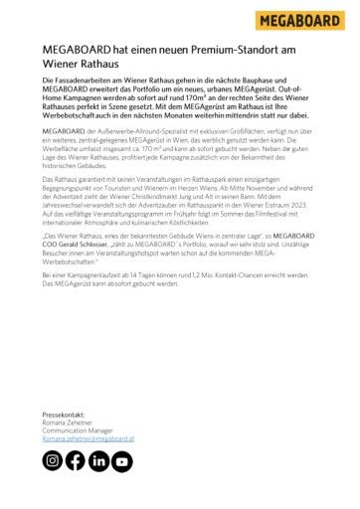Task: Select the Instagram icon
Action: [x=53, y=460]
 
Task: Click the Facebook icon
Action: [x=76, y=460]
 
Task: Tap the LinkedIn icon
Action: [x=98, y=460]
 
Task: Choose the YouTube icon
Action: [x=121, y=460]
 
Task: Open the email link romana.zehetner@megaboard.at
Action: [x=89, y=438]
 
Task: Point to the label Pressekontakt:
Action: [x=64, y=415]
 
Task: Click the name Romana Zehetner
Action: [x=67, y=423]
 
